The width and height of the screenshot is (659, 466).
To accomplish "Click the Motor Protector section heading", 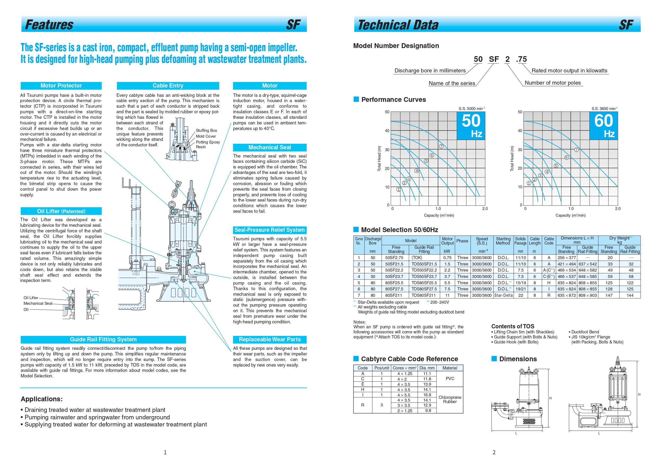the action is pyautogui.click(x=61, y=86).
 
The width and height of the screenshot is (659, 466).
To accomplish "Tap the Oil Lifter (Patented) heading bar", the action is pyautogui.click(x=61, y=211).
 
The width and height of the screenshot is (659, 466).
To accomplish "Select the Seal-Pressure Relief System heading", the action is pyautogui.click(x=269, y=230).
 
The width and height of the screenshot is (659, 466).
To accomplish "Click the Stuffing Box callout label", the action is pyautogui.click(x=206, y=130).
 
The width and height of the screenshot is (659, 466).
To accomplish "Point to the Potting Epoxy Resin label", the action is pyautogui.click(x=208, y=145).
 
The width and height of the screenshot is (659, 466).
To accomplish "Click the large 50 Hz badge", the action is pyautogui.click(x=471, y=126).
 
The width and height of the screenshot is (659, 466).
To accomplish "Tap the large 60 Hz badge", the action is pyautogui.click(x=604, y=126).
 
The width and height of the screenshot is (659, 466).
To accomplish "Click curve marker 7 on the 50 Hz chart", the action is pyautogui.click(x=441, y=146).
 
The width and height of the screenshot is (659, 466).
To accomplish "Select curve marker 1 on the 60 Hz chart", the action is pyautogui.click(x=529, y=183).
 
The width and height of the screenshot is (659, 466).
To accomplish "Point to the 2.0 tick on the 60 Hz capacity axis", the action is pyautogui.click(x=618, y=209).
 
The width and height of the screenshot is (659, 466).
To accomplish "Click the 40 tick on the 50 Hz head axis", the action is pyautogui.click(x=387, y=131).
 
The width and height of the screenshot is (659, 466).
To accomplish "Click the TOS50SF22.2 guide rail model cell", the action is pyautogui.click(x=424, y=270).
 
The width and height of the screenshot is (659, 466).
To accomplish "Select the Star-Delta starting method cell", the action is pyautogui.click(x=503, y=295).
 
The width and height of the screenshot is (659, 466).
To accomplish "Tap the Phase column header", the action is pyautogui.click(x=462, y=241).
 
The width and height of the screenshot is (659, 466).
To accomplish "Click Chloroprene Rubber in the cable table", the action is pyautogui.click(x=450, y=399).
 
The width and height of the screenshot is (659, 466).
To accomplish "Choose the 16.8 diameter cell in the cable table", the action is pyautogui.click(x=427, y=395).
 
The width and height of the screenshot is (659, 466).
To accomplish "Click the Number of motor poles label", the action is pyautogui.click(x=552, y=83).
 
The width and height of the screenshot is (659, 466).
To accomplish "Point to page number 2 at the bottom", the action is pyautogui.click(x=494, y=452).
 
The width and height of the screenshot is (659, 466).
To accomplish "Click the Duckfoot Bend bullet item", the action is pyautogui.click(x=583, y=332).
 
